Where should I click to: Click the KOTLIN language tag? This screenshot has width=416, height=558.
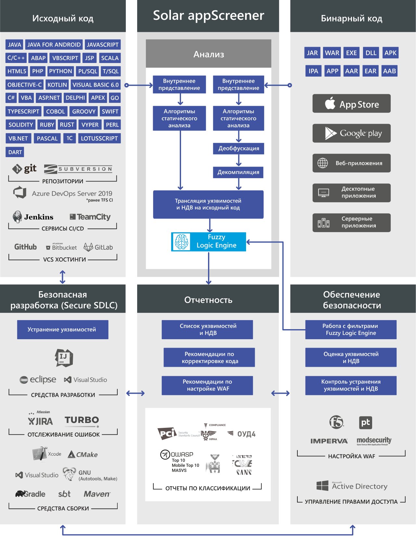(x=57, y=85)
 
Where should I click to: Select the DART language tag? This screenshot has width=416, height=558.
(x=15, y=152)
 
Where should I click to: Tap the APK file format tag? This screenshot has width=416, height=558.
(x=390, y=53)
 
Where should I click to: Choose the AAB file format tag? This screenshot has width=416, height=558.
(x=389, y=71)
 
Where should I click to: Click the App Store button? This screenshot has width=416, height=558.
(x=351, y=104)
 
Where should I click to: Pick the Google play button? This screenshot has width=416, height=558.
(x=351, y=133)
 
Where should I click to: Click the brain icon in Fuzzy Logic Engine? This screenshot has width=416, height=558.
(x=181, y=242)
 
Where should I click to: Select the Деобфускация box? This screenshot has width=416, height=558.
(x=239, y=148)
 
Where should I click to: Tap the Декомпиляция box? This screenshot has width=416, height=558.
(x=238, y=172)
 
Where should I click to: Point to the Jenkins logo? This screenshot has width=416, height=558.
(x=33, y=217)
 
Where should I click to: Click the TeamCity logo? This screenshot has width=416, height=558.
(x=90, y=217)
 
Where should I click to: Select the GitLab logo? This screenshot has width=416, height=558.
(x=98, y=247)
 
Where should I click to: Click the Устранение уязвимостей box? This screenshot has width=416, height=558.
(x=62, y=329)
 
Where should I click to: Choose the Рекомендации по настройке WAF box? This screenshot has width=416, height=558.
(x=207, y=385)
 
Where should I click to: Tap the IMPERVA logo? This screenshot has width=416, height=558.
(x=329, y=441)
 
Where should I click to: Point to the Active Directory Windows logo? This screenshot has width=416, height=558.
(x=322, y=486)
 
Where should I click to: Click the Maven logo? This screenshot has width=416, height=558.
(x=97, y=494)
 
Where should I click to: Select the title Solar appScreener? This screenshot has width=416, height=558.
(x=208, y=16)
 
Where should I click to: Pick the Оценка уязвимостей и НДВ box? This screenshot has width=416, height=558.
(x=351, y=357)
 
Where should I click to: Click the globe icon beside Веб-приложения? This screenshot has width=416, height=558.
(x=322, y=163)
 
